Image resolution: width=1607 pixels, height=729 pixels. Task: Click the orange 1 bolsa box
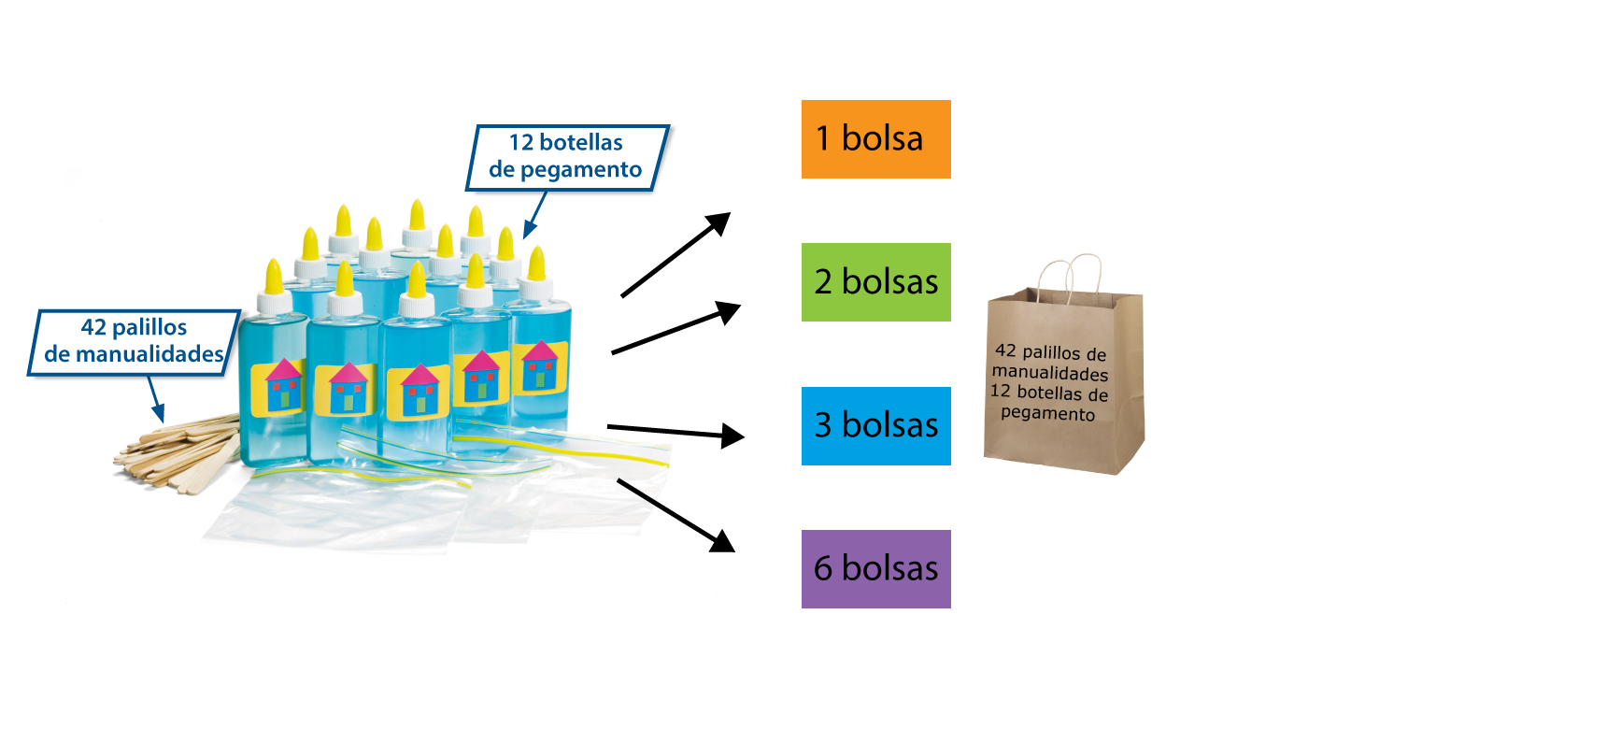click(875, 139)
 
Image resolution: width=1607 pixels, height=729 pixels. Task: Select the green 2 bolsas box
click(875, 282)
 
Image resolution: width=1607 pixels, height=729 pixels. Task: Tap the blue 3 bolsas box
click(875, 426)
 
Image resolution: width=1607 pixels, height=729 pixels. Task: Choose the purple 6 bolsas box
click(875, 569)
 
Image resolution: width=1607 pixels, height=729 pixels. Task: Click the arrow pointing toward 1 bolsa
click(676, 254)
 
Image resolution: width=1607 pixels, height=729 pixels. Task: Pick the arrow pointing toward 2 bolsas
click(676, 328)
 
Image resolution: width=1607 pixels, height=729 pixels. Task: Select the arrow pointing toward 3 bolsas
click(675, 431)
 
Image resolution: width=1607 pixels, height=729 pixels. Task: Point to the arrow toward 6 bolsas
click(676, 515)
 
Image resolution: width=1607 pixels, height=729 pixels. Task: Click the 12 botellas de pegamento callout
click(566, 156)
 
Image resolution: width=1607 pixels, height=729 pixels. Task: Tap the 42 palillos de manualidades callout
click(134, 341)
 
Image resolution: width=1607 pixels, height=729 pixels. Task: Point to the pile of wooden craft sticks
click(178, 453)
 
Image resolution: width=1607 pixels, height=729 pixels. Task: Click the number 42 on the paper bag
click(1005, 350)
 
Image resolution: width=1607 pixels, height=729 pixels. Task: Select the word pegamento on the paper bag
click(1047, 413)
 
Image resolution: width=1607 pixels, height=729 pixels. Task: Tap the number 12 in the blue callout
click(521, 143)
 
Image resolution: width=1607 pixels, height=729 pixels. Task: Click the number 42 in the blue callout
click(93, 327)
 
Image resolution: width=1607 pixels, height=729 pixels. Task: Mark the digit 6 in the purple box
click(823, 569)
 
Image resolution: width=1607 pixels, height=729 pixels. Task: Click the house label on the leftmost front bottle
click(278, 386)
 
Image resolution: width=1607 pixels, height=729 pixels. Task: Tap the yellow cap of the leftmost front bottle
click(274, 277)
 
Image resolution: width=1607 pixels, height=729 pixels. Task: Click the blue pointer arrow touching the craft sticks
click(157, 404)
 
